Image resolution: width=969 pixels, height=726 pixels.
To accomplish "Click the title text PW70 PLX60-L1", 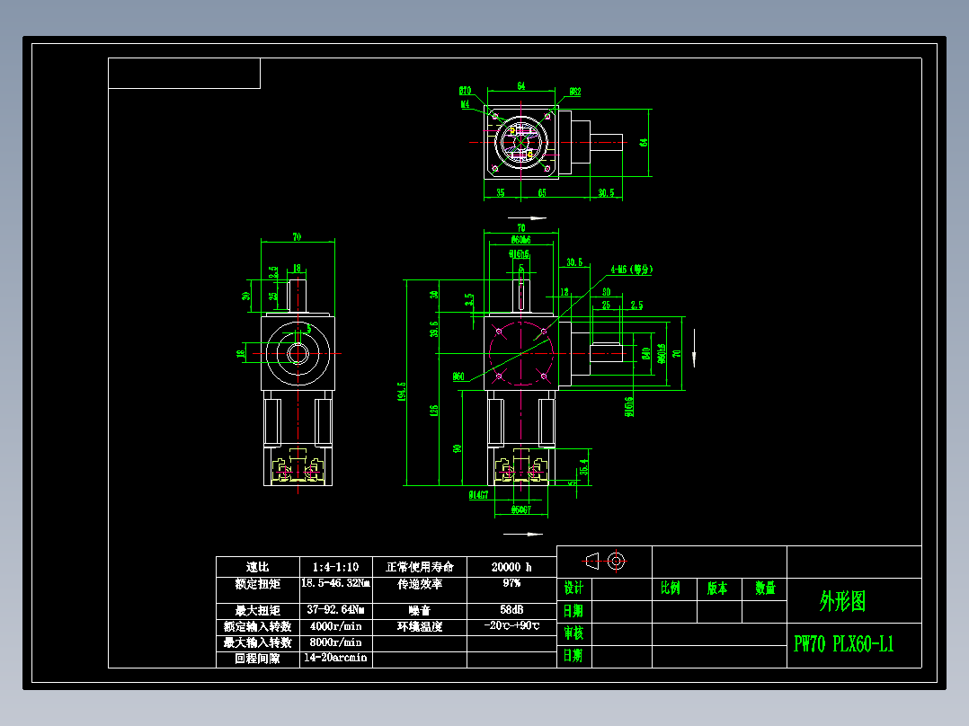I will (x=843, y=644).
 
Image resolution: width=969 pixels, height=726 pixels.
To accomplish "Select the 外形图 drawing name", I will (x=842, y=601).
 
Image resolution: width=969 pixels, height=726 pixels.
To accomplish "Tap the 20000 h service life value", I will (x=511, y=567).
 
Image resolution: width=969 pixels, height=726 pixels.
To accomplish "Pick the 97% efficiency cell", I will (x=511, y=584).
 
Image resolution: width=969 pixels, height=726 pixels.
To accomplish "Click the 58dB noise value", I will (x=511, y=610).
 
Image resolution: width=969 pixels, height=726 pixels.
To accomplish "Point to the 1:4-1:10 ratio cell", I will (x=335, y=567).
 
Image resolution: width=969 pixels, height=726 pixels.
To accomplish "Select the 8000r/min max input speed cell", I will (x=335, y=642).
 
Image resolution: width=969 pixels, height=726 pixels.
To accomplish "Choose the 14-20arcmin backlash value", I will (x=335, y=658).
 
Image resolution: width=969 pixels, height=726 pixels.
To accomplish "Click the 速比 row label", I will (x=257, y=567).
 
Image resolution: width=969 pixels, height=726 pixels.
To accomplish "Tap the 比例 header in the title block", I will (x=671, y=589).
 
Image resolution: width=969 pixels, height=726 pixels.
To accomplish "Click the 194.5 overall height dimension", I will (x=402, y=394).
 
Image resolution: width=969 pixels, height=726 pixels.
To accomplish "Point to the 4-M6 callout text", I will (x=631, y=269).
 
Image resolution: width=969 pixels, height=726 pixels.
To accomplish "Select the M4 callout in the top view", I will (x=465, y=104).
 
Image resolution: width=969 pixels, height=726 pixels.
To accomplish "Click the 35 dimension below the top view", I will (x=500, y=192).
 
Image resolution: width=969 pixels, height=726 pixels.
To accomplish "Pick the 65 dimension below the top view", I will (x=542, y=192).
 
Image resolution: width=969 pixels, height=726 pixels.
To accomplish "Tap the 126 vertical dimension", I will (x=433, y=412).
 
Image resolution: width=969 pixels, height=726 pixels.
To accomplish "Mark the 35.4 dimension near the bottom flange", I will (x=583, y=466).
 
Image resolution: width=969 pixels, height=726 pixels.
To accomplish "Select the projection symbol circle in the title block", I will (x=616, y=562).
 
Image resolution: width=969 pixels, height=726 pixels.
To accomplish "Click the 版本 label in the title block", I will (x=717, y=589).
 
